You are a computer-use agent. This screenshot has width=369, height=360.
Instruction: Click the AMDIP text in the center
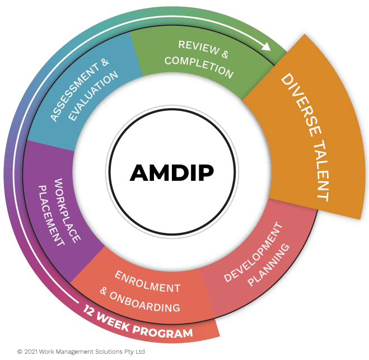click(x=171, y=172)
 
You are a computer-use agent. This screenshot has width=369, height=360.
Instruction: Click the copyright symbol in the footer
click(x=20, y=352)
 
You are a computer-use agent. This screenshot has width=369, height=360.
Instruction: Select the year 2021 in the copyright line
click(x=31, y=352)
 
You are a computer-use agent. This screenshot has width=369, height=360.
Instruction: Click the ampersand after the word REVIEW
click(x=225, y=55)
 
